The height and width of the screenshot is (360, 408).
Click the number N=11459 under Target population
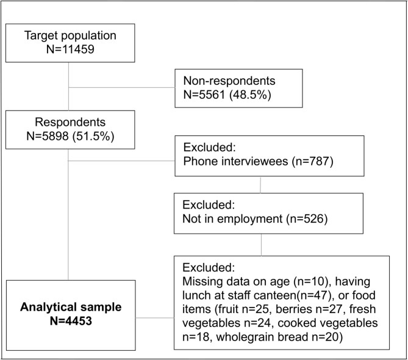70,49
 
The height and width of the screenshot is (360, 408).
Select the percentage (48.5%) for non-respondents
250,95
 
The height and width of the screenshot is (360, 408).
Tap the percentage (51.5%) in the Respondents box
93,136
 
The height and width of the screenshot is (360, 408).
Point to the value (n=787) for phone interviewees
312,161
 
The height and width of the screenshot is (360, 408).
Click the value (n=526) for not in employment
307,218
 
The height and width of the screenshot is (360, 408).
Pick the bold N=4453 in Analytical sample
71,321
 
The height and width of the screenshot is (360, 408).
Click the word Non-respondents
229,81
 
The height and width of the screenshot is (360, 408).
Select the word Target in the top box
40,35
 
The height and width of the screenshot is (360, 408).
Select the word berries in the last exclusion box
294,309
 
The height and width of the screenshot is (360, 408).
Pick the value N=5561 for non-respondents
204,95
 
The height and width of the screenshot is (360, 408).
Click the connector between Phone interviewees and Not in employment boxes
260,185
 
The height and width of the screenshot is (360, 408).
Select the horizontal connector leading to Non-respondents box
121,87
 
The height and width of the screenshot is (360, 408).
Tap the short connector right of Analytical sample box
155,318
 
